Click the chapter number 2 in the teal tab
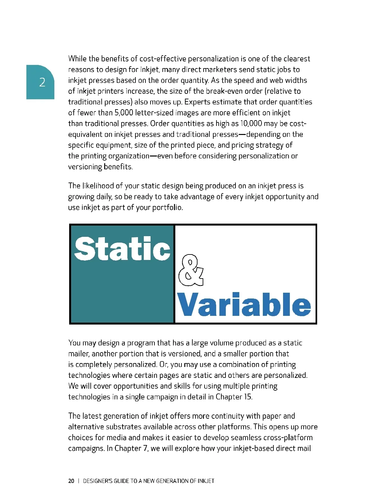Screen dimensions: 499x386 click(42, 83)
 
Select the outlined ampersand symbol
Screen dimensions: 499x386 click(190, 270)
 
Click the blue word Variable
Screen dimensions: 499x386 click(244, 305)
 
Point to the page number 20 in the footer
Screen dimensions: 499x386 click(71, 481)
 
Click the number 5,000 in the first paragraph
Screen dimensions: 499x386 click(124, 113)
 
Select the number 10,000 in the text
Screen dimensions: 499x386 click(251, 124)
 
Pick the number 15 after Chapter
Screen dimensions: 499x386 click(247, 397)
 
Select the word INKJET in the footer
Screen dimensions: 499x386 click(206, 481)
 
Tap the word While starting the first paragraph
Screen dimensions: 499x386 click(77, 59)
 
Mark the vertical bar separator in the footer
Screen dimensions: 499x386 click(79, 481)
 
